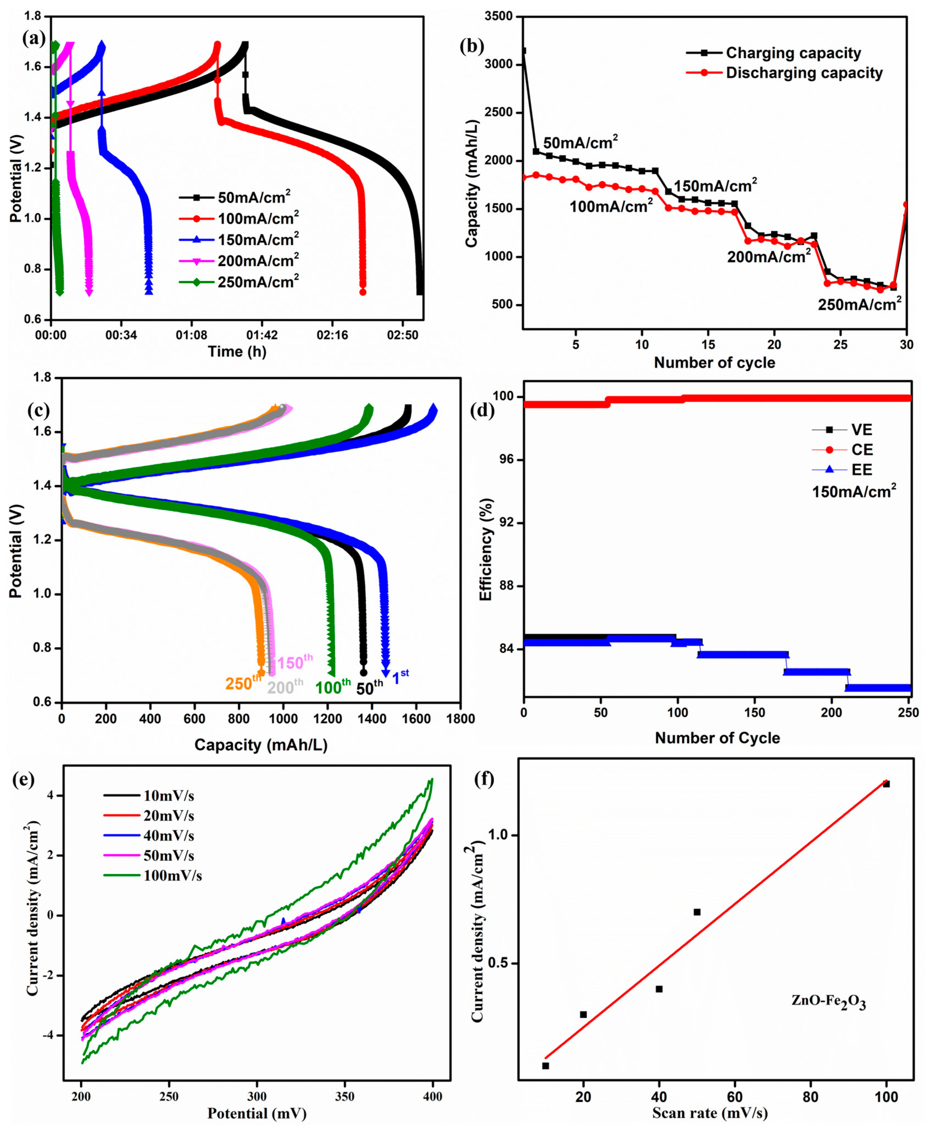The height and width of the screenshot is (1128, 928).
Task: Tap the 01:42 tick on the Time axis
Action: (262, 335)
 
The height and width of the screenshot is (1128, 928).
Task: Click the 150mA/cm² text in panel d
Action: (854, 491)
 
